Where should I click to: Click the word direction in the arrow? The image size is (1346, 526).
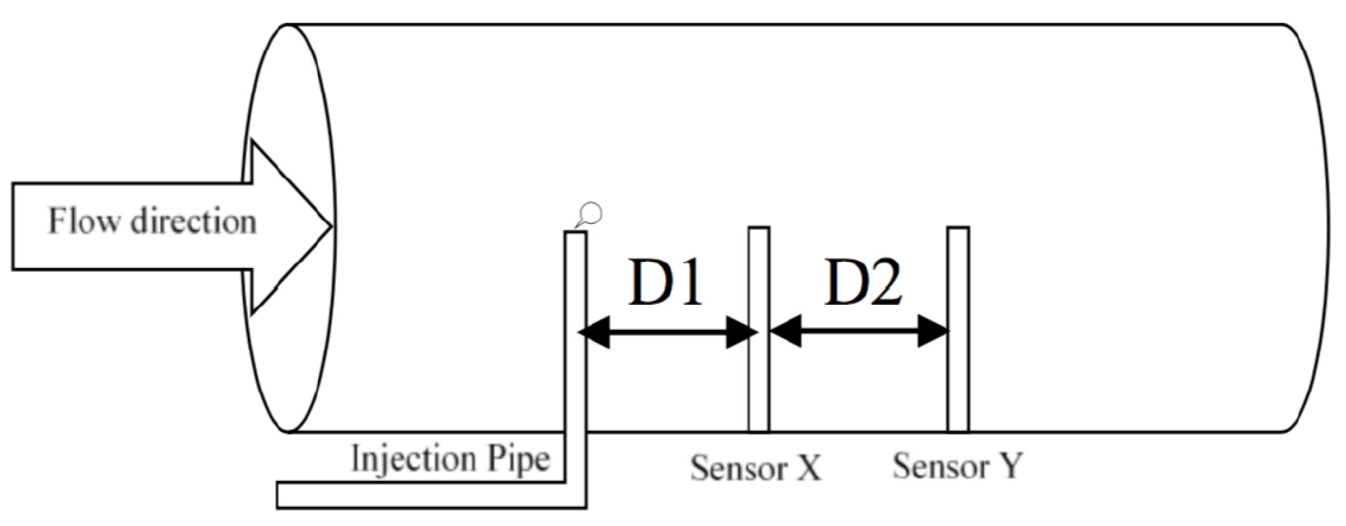tap(193, 222)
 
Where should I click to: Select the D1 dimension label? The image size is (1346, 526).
tap(664, 282)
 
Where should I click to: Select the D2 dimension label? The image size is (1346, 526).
tap(863, 282)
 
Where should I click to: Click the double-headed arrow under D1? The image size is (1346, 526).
tap(667, 333)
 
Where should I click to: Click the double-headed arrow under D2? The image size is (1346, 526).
tap(859, 333)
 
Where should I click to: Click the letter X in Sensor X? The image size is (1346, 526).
tap(808, 468)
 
